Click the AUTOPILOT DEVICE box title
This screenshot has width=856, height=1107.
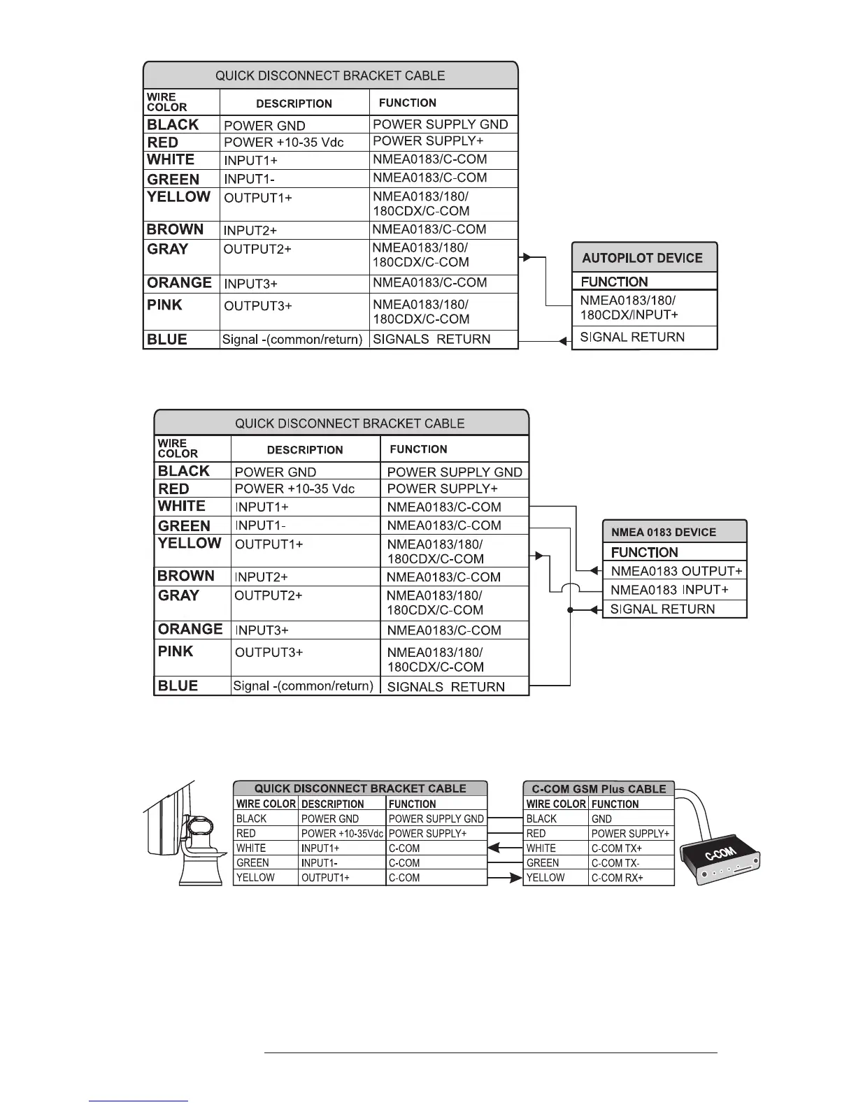point(642,258)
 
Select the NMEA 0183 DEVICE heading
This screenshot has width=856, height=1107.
point(663,532)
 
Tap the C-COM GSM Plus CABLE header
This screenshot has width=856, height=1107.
point(599,789)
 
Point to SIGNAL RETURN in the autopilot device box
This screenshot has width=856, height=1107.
point(632,338)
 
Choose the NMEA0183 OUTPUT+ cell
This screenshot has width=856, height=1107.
point(676,571)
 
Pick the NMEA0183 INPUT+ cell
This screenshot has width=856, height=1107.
point(669,590)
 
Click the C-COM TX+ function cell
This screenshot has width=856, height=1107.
point(617,848)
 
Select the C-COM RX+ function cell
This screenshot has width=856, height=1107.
point(618,878)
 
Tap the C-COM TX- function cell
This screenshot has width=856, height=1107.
point(616,863)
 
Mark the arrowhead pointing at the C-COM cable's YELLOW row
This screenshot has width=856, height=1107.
point(516,878)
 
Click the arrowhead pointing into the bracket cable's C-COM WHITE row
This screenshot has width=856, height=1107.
point(494,848)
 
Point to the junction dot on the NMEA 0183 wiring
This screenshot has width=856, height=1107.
point(571,610)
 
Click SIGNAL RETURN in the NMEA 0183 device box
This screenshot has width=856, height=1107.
point(662,609)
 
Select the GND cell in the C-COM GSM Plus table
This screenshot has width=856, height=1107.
point(601,819)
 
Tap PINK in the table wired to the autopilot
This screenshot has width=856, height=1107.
point(164,305)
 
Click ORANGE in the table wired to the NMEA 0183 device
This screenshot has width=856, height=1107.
point(190,629)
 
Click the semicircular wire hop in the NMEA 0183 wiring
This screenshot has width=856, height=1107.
point(571,589)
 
